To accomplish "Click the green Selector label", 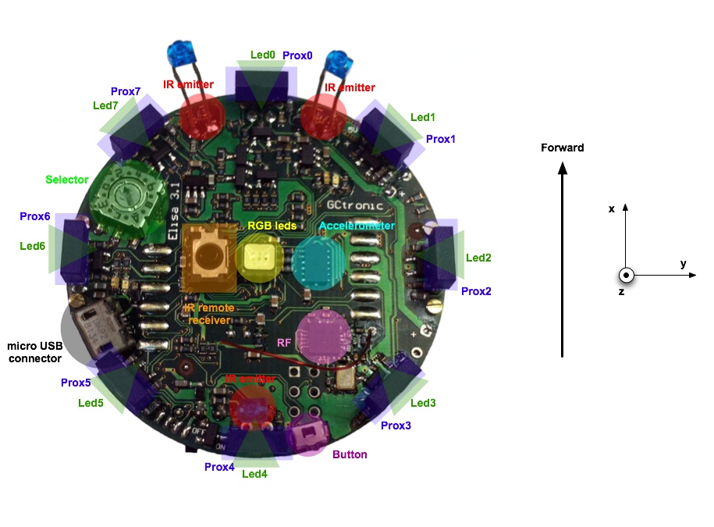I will [66, 180].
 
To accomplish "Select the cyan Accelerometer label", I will [357, 226].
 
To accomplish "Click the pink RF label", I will [285, 342].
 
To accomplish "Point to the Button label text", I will [350, 454].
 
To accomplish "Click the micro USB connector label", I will [34, 352].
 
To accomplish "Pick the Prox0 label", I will [297, 56].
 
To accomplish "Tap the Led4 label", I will [254, 474].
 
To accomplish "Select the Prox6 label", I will [35, 216].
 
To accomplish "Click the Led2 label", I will [478, 258].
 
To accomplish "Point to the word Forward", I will [562, 148].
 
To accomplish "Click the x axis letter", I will [612, 208].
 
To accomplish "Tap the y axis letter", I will [683, 264].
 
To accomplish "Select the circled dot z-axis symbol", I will [626, 276].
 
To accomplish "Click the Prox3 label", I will [396, 426].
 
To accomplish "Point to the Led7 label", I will [106, 106].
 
